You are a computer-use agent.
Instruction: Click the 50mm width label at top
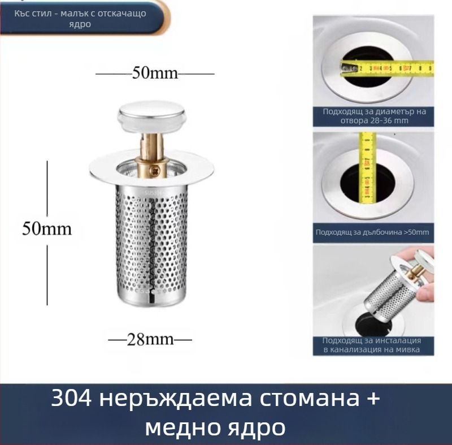click(154, 73)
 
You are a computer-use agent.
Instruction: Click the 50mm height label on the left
click(47, 228)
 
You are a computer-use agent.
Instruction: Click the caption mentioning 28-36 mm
click(374, 116)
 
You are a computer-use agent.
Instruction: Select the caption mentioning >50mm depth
click(374, 232)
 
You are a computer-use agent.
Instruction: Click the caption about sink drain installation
click(373, 345)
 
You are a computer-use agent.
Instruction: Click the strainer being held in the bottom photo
click(390, 288)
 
